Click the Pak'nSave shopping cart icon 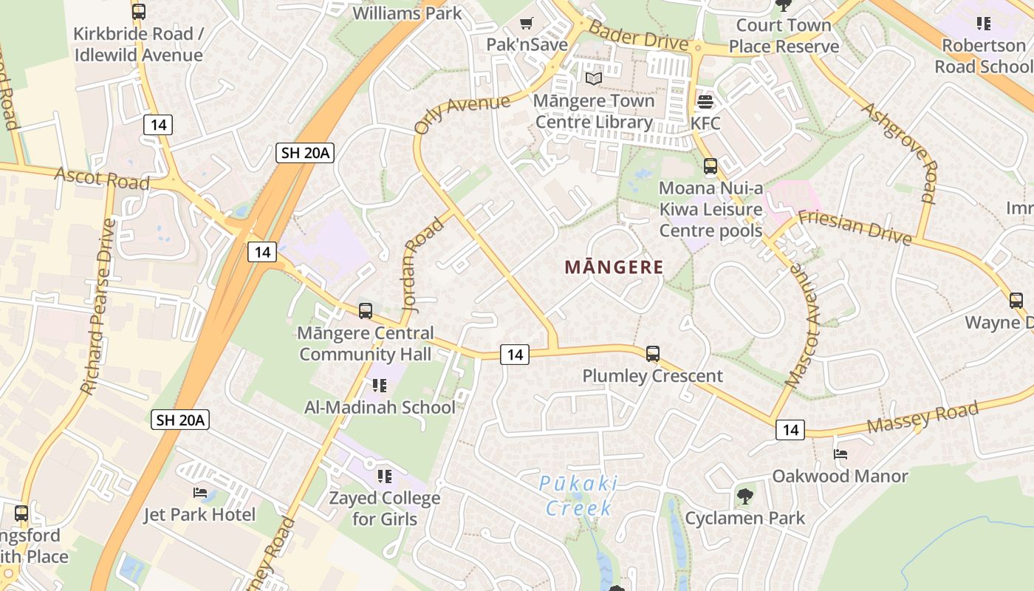tap(527, 24)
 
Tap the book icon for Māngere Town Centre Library tap(594, 78)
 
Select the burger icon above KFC tap(705, 101)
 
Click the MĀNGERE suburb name tap(614, 267)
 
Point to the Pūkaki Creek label tap(578, 496)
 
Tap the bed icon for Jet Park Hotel tap(200, 493)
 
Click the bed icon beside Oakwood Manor tap(840, 454)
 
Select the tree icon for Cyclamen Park tap(745, 496)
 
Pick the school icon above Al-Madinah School tap(380, 385)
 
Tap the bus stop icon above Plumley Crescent tap(653, 354)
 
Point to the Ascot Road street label tap(102, 178)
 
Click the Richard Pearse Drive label tap(99, 307)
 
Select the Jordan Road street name tap(422, 264)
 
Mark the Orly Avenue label tap(462, 114)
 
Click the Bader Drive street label tap(639, 36)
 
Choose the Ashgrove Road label tap(900, 152)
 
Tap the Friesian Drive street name tap(855, 226)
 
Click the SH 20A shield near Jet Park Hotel tap(181, 420)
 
